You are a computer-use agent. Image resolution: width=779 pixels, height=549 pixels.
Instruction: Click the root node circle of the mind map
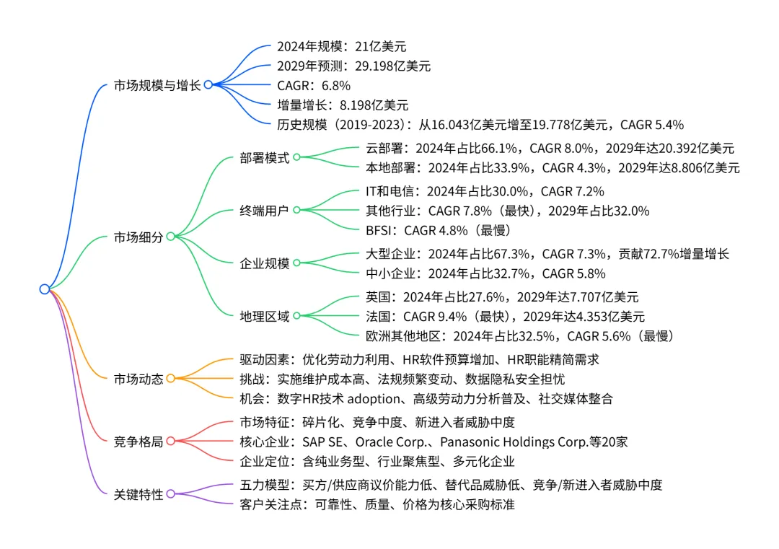click(x=45, y=289)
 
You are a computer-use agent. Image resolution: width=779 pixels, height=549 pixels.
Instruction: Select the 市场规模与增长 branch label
click(x=157, y=84)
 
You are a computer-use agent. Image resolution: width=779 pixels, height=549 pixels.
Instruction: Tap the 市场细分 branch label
click(x=138, y=236)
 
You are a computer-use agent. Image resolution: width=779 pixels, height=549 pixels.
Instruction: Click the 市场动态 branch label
click(x=138, y=378)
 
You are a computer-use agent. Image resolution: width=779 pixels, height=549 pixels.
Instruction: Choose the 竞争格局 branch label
click(x=138, y=440)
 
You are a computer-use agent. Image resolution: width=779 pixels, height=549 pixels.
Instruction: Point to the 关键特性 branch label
click(x=138, y=494)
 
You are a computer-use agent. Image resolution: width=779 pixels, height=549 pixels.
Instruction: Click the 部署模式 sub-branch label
click(x=264, y=157)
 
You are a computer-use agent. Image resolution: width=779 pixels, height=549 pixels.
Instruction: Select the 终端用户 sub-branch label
click(x=264, y=211)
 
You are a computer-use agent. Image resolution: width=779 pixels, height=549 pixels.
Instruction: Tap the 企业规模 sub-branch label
click(x=264, y=263)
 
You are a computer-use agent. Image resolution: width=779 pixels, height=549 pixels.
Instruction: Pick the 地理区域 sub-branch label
click(x=264, y=316)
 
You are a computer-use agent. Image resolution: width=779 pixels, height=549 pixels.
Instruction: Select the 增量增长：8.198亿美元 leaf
click(x=343, y=105)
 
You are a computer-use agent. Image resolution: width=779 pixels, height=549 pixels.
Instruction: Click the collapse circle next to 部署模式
click(x=296, y=157)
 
